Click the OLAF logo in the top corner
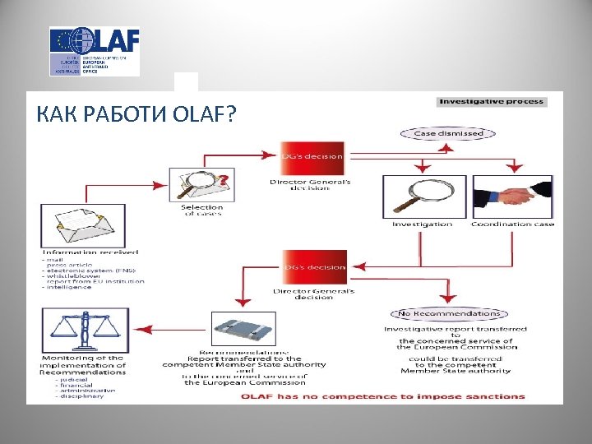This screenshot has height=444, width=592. [94, 51]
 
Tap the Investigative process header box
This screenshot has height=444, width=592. [491, 101]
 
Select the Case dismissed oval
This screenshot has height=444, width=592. [448, 133]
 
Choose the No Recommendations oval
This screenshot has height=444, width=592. [448, 313]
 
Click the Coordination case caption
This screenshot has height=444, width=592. [512, 224]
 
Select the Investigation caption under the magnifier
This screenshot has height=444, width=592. [422, 224]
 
